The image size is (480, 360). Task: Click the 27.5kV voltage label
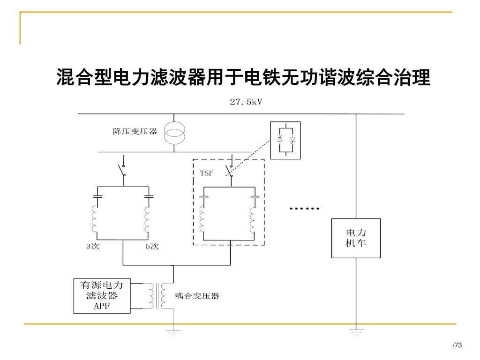pyautogui.click(x=246, y=102)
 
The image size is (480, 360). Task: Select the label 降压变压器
pyautogui.click(x=135, y=132)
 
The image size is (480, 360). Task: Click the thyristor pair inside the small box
pyautogui.click(x=286, y=140)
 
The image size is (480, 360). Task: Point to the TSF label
pyautogui.click(x=207, y=173)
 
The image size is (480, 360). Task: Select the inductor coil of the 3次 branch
pyautogui.click(x=95, y=219)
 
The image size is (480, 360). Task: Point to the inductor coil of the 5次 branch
pyautogui.click(x=147, y=219)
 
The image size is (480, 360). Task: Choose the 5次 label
pyautogui.click(x=152, y=247)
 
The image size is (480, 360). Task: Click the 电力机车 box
pyautogui.click(x=356, y=238)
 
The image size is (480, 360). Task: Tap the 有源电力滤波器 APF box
pyautogui.click(x=102, y=296)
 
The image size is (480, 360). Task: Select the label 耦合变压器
pyautogui.click(x=197, y=296)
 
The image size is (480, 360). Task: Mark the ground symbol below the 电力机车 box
pyautogui.click(x=356, y=332)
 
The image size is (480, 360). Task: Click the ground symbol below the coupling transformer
pyautogui.click(x=173, y=332)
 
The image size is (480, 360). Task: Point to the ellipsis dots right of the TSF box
pyautogui.click(x=305, y=208)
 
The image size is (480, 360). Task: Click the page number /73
pyautogui.click(x=457, y=345)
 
